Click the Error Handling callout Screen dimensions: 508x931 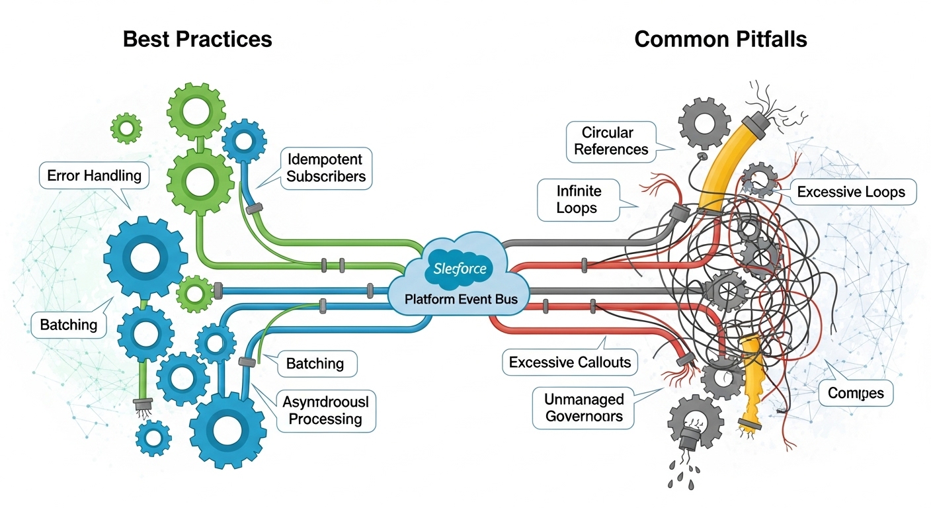coord(95,176)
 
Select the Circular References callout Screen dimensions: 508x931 coord(610,140)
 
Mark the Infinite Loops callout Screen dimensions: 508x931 coord(578,199)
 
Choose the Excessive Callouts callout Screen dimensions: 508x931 coord(569,362)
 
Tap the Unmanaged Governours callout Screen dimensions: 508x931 coord(583,408)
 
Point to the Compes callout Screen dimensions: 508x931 coord(856,394)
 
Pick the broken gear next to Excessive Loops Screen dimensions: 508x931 coord(756,181)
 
